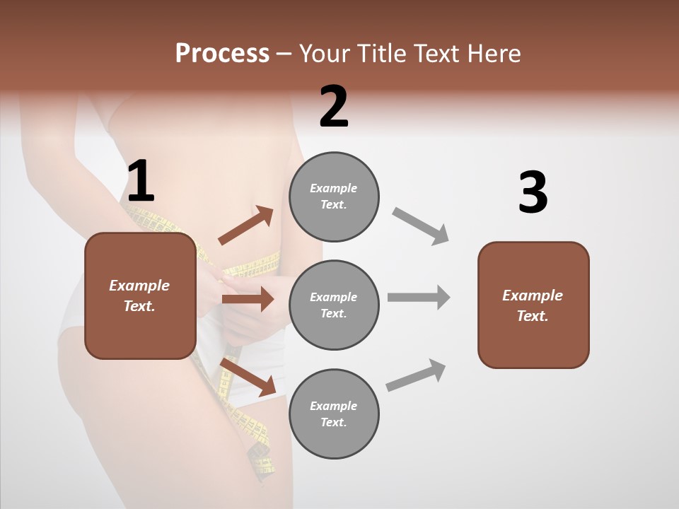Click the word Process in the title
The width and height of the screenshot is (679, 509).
[x=222, y=54]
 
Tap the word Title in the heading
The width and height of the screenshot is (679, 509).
[x=383, y=54]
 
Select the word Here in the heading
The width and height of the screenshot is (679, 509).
[x=494, y=54]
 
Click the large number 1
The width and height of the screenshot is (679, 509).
[x=140, y=182]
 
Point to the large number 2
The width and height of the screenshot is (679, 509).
[x=334, y=107]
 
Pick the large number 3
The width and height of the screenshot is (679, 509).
[x=533, y=192]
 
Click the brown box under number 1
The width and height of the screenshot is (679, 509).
[x=140, y=296]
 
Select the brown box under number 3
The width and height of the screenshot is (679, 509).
[x=533, y=305]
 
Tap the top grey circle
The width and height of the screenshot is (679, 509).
[x=334, y=197]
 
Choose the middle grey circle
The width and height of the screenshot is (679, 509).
[x=334, y=305]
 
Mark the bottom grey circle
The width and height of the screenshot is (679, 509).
[x=334, y=414]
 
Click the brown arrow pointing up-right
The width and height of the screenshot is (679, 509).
[x=246, y=226]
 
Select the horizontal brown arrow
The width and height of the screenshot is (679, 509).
[x=248, y=300]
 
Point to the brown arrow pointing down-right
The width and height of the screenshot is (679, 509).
[x=248, y=377]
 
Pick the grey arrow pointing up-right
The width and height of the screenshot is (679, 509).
[x=417, y=375]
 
